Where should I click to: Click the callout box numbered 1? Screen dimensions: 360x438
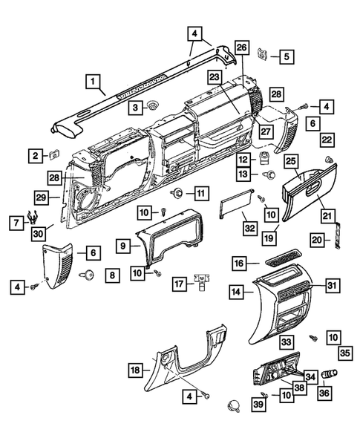pyautogui.click(x=94, y=82)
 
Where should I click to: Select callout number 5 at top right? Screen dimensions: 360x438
pyautogui.click(x=287, y=56)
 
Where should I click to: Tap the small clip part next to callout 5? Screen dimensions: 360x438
pyautogui.click(x=262, y=53)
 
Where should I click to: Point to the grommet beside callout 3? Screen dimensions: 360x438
pyautogui.click(x=152, y=105)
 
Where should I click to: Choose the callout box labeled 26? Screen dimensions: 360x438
pyautogui.click(x=242, y=48)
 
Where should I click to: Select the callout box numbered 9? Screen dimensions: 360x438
pyautogui.click(x=123, y=246)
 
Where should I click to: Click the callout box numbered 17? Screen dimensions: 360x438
pyautogui.click(x=180, y=284)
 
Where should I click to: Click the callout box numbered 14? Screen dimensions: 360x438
pyautogui.click(x=236, y=292)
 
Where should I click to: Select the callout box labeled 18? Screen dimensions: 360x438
pyautogui.click(x=136, y=370)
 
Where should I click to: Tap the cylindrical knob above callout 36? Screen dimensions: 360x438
pyautogui.click(x=330, y=374)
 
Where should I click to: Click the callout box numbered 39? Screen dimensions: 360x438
pyautogui.click(x=258, y=404)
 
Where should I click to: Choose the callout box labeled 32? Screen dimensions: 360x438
pyautogui.click(x=250, y=228)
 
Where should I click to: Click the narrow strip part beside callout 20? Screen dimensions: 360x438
pyautogui.click(x=338, y=235)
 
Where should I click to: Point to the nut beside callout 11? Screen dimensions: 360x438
pyautogui.click(x=177, y=193)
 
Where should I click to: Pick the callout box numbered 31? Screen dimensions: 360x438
pyautogui.click(x=333, y=286)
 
